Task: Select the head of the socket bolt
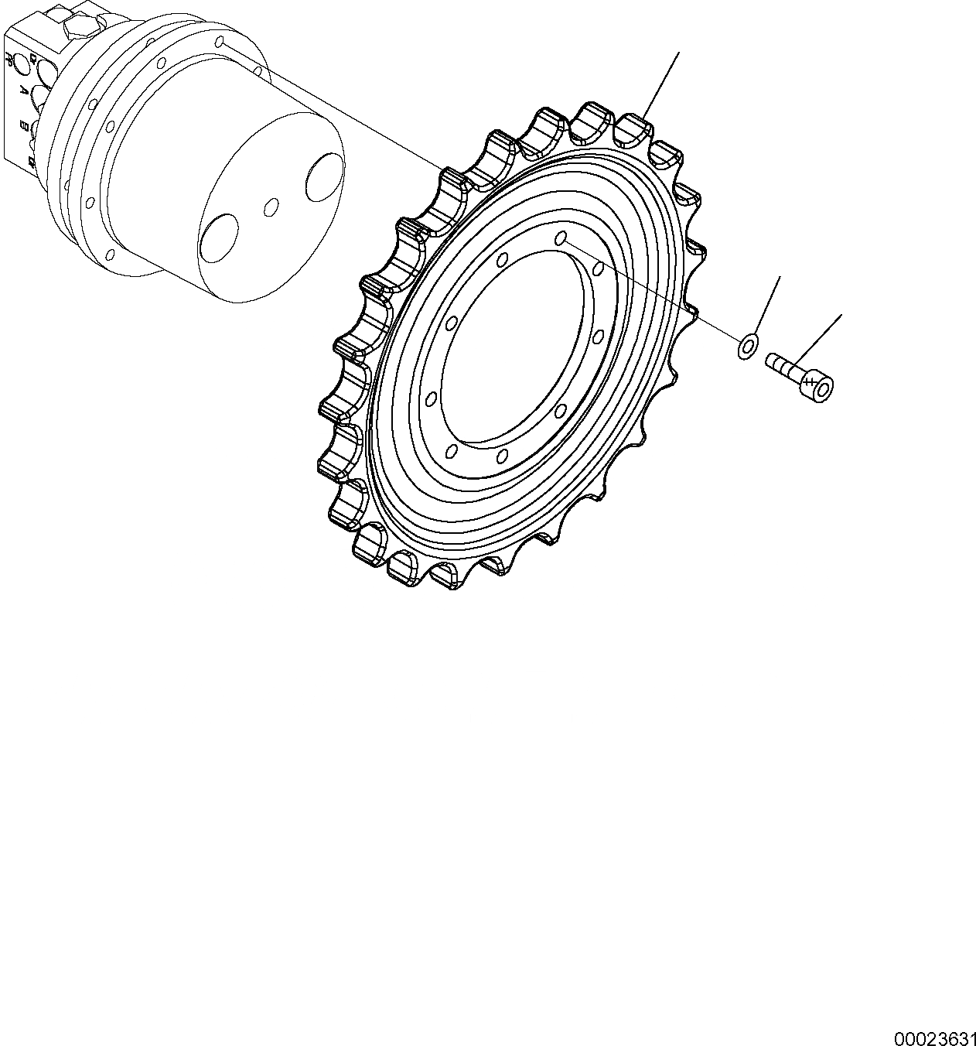[817, 385]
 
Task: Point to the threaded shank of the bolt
[783, 365]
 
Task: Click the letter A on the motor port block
[23, 91]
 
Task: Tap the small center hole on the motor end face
[271, 207]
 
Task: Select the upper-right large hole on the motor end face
[323, 175]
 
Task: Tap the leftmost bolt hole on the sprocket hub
[432, 399]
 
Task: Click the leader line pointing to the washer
[766, 306]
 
